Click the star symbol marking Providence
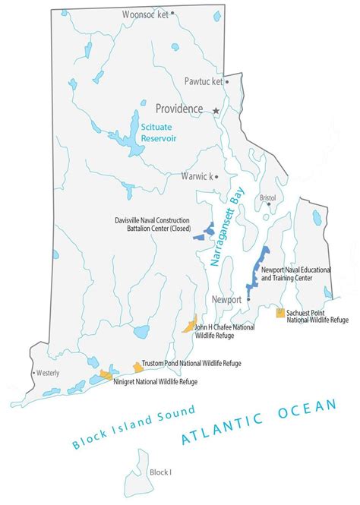click(x=216, y=111)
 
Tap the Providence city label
click(x=179, y=109)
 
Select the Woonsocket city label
click(x=144, y=14)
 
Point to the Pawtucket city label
click(x=204, y=81)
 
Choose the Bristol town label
click(x=267, y=197)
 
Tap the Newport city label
click(x=227, y=299)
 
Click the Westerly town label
click(x=47, y=373)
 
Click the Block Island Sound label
click(x=134, y=427)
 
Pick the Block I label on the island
click(x=160, y=472)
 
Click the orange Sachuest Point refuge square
click(x=280, y=313)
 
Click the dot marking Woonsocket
click(x=172, y=13)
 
